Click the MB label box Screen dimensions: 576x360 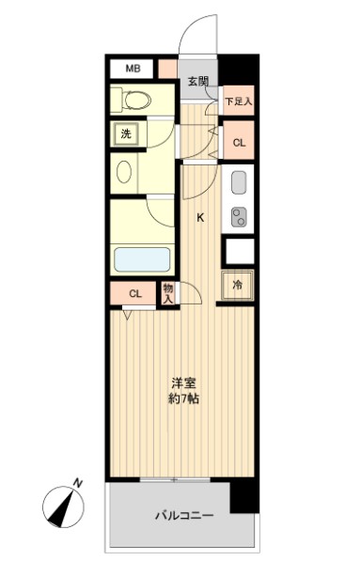pos(133,69)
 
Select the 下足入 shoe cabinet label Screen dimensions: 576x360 pos(238,101)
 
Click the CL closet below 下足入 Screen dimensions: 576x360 pos(239,143)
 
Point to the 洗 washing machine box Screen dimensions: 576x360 pos(126,133)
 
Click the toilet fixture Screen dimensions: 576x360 pos(132,99)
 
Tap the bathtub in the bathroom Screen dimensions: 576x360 pos(141,260)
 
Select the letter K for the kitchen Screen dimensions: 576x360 pos(199,217)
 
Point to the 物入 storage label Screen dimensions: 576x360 pos(168,294)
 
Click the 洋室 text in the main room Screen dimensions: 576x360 pos(183,382)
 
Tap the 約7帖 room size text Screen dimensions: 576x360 pos(183,398)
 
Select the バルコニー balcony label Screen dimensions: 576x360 pos(183,516)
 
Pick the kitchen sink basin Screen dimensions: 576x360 pos(238,181)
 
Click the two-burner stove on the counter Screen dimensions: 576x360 pos(238,215)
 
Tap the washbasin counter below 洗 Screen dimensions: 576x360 pos(124,172)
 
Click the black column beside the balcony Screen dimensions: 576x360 pos(243,495)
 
